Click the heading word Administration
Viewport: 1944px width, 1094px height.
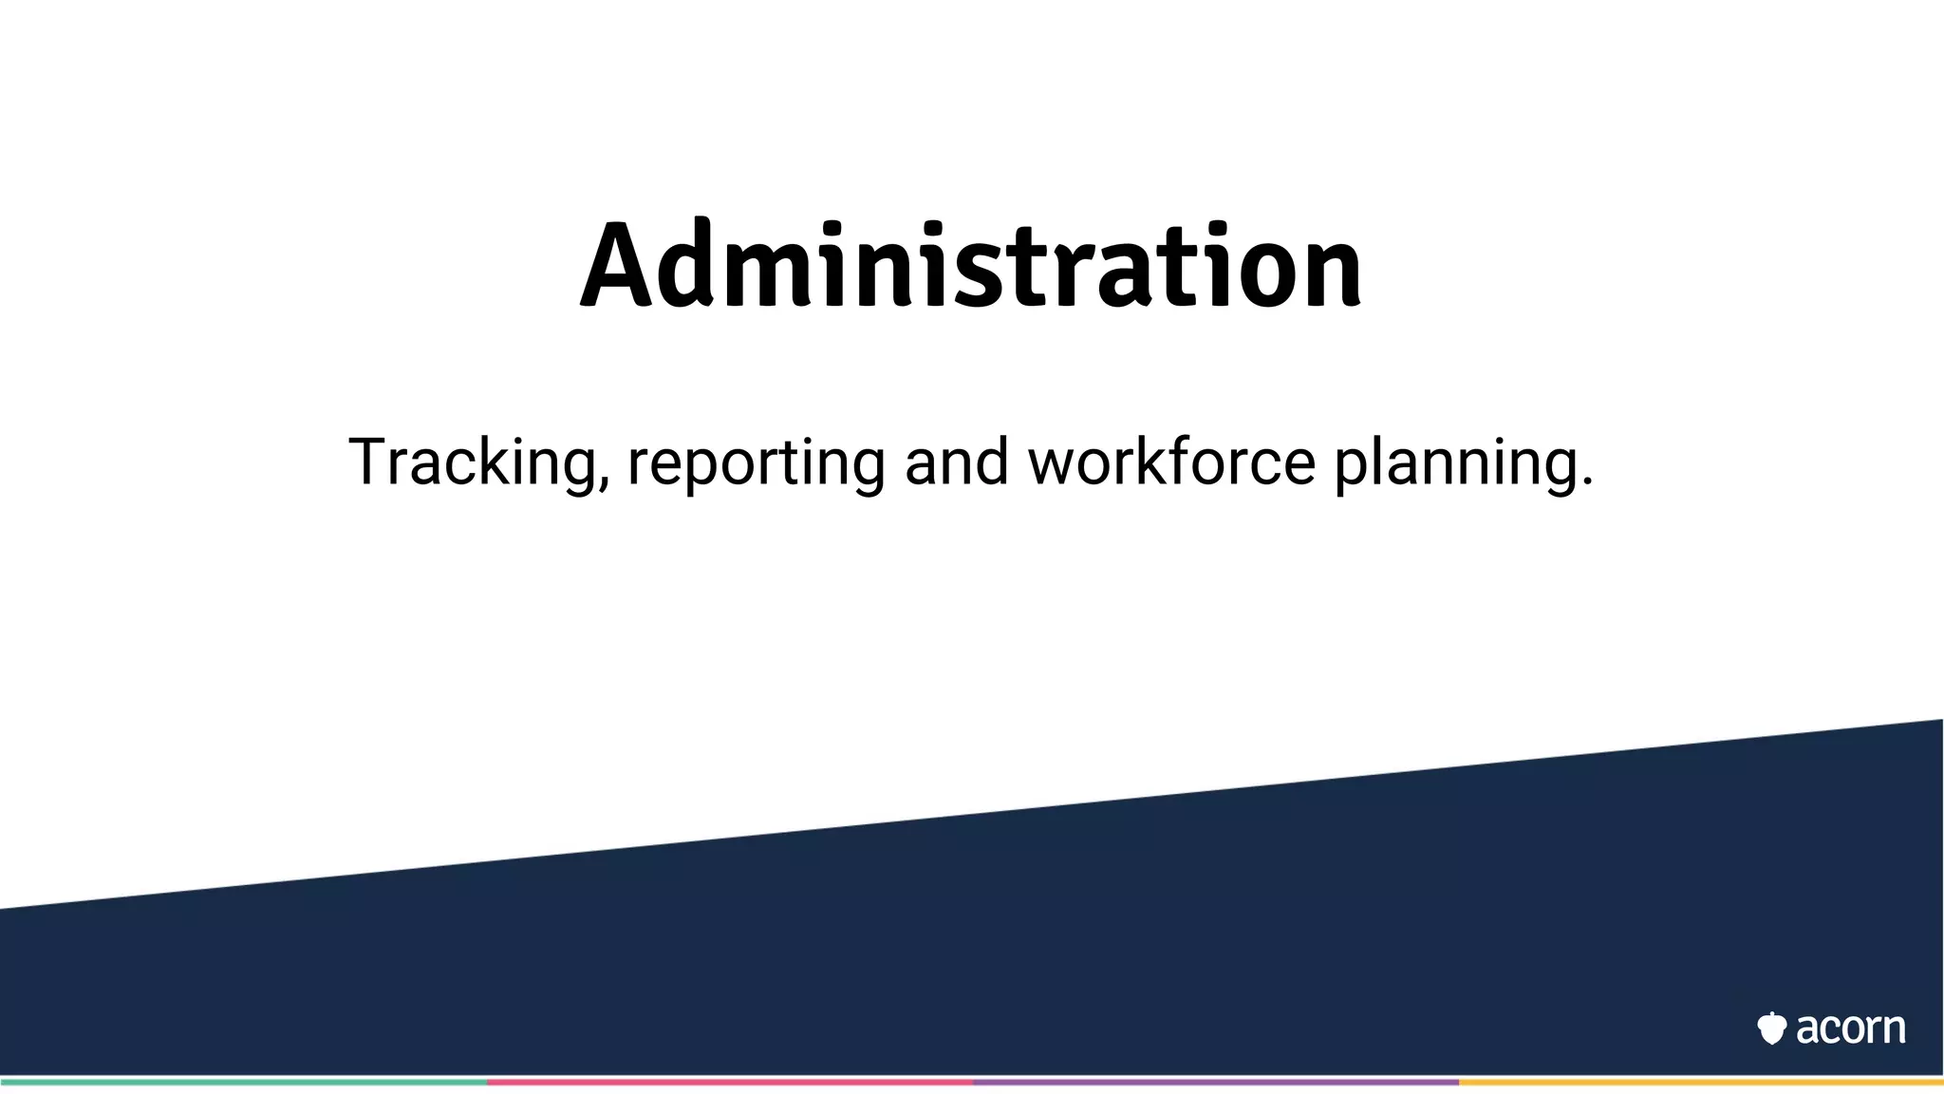(971, 266)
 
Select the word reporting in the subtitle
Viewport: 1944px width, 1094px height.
(756, 462)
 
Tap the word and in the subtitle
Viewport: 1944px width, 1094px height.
(956, 462)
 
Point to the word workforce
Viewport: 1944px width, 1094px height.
(1171, 462)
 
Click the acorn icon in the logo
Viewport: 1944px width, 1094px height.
(1771, 1028)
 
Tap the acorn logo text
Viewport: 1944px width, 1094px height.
(1850, 1028)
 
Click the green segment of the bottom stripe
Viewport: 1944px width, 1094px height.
(243, 1082)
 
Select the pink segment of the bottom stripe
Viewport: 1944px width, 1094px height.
(729, 1082)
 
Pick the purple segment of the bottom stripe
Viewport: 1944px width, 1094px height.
(1215, 1082)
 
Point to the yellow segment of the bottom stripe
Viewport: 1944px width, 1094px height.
(1701, 1082)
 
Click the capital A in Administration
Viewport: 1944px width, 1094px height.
(617, 266)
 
